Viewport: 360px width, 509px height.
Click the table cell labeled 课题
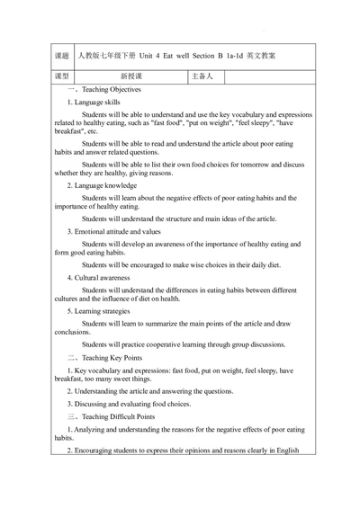[x=61, y=56]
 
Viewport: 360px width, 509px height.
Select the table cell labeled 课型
[x=61, y=77]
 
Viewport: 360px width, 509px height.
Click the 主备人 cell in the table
[x=202, y=77]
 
